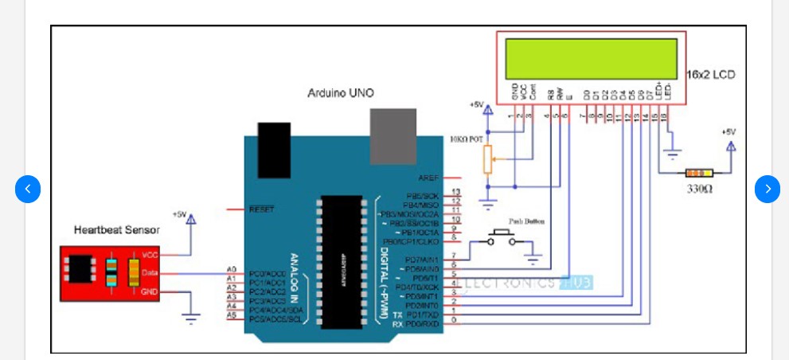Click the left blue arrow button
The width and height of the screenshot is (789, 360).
28,189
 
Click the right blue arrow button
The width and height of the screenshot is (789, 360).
768,189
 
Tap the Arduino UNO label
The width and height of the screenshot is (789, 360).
341,93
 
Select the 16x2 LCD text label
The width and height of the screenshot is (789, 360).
710,74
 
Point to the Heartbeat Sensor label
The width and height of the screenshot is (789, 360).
117,230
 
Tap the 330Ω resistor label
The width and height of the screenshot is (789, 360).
699,190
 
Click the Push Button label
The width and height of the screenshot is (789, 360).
526,221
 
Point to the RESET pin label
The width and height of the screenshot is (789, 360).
261,209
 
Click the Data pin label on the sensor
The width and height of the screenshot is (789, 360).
149,273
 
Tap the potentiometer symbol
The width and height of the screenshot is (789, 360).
488,160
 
